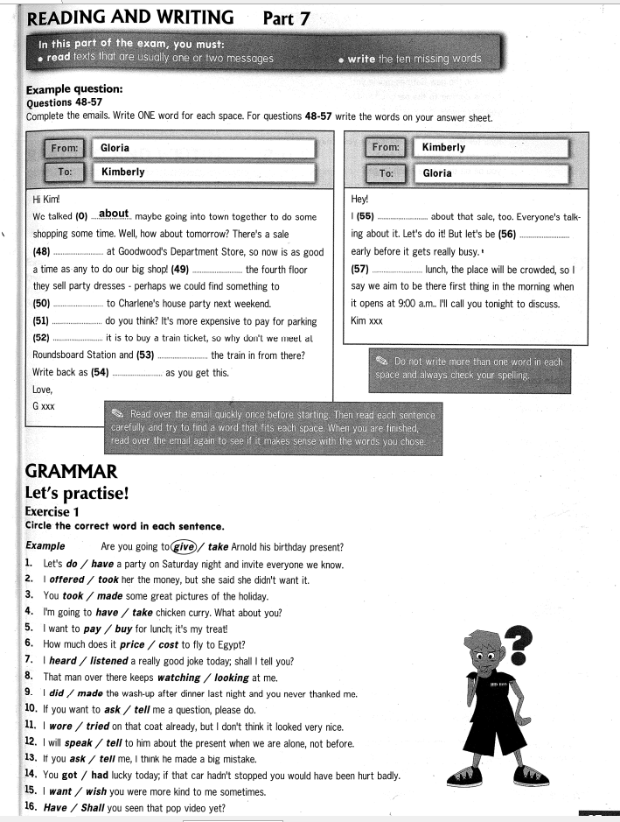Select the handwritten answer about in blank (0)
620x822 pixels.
point(114,214)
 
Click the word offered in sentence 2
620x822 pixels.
point(67,580)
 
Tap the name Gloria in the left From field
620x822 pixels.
point(115,148)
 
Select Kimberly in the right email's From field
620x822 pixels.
point(443,147)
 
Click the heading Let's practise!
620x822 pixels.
point(78,493)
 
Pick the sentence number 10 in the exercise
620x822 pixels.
point(31,709)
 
